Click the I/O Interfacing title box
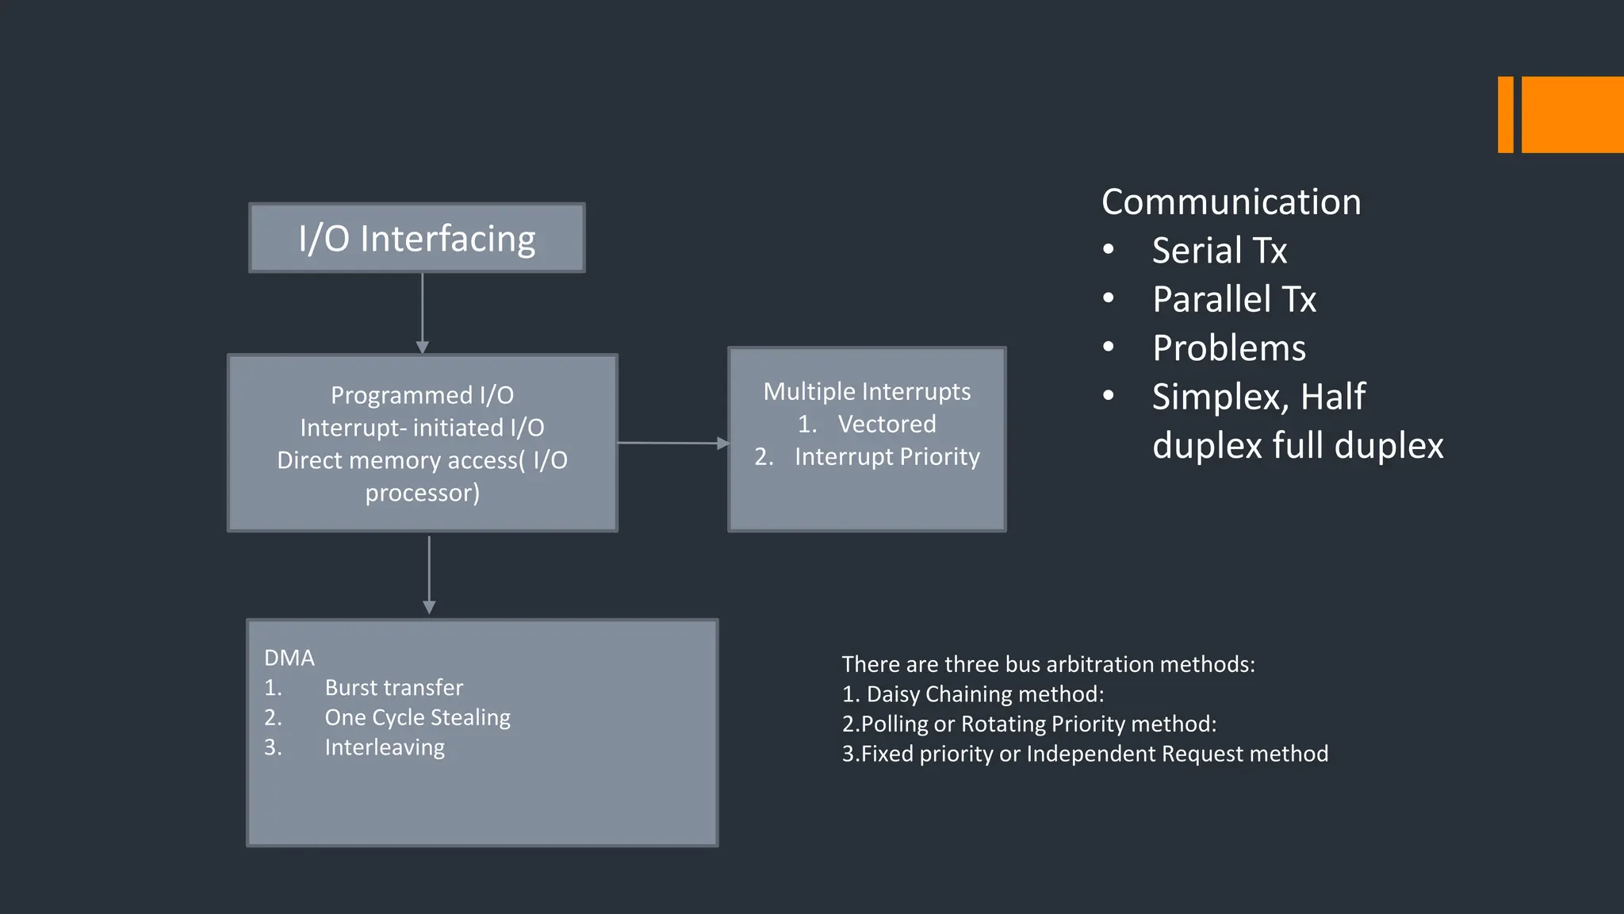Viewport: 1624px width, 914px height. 417,238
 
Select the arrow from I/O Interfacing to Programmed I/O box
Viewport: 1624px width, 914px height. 423,313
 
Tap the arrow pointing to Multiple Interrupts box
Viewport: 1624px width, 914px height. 672,443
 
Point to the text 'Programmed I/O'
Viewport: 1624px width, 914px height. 422,395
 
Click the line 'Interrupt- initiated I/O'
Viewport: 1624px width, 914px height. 422,428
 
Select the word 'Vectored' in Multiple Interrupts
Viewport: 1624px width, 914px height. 887,424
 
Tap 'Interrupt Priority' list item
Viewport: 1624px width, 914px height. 887,457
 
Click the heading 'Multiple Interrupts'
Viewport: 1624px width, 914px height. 867,391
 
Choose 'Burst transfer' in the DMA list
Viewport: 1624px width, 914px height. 393,687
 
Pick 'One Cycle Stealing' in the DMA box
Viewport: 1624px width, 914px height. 417,717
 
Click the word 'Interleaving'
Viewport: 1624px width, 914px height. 385,747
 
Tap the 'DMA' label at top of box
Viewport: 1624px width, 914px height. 289,658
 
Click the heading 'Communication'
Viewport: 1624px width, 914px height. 1231,202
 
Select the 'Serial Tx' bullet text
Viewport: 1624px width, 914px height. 1219,251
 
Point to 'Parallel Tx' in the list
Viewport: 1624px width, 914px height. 1234,299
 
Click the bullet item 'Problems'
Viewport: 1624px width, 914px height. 1228,348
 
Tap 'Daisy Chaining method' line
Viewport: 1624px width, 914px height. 973,694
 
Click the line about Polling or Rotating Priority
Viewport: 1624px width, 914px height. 1028,724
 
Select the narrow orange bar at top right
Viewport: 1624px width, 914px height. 1505,114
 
